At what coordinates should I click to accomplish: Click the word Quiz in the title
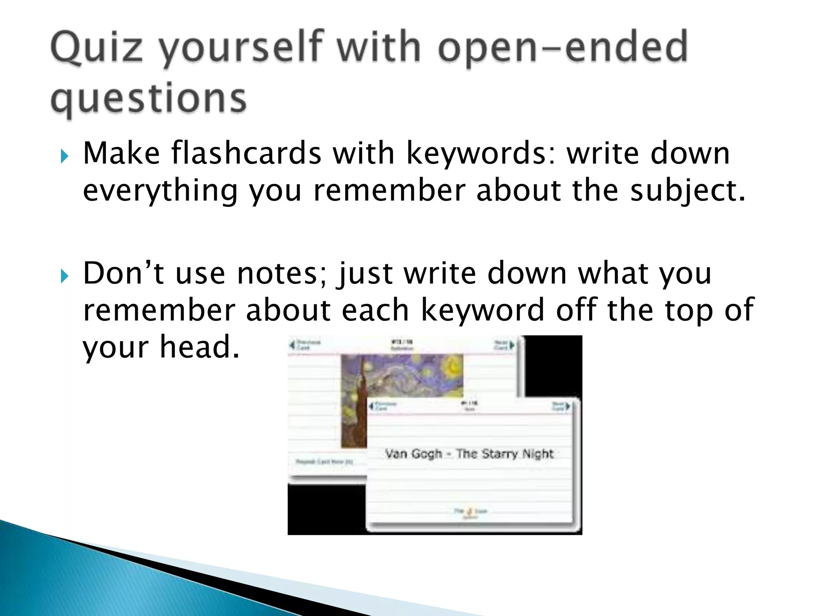coord(96,48)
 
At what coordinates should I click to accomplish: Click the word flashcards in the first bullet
coord(246,153)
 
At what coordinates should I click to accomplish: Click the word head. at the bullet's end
coord(200,347)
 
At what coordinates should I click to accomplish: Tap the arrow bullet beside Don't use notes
coord(64,276)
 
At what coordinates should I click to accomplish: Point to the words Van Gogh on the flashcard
coord(413,454)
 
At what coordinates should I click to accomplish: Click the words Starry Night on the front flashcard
coord(517,454)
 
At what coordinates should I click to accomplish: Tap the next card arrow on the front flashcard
coord(567,407)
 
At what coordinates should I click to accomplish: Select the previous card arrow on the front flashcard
coord(371,406)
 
